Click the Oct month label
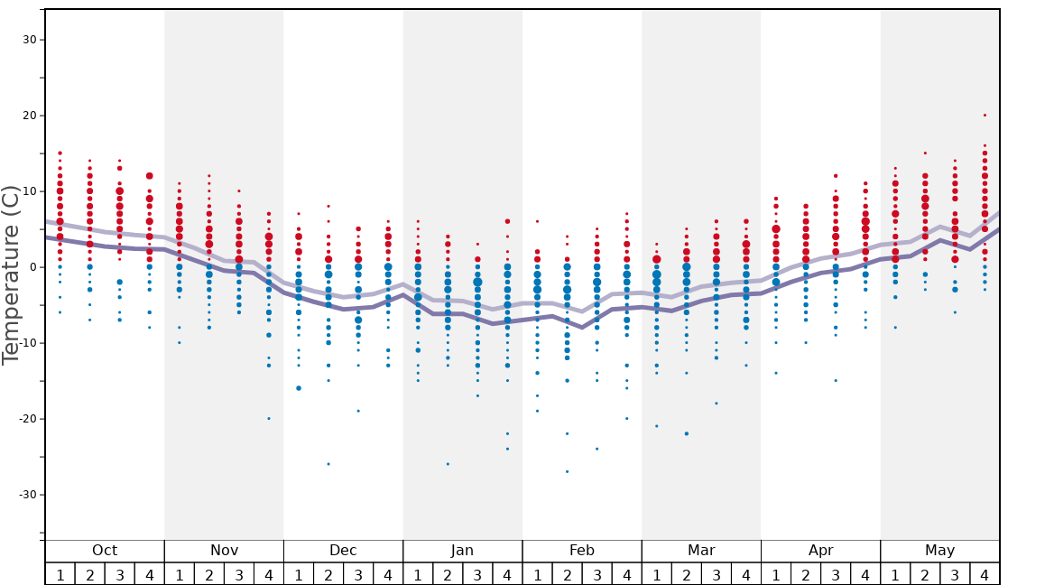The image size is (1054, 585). click(105, 551)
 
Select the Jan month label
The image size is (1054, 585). click(462, 551)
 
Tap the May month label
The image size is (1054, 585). click(939, 551)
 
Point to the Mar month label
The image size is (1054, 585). click(701, 551)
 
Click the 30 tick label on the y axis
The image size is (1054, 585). click(30, 40)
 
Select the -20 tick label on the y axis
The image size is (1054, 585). click(26, 419)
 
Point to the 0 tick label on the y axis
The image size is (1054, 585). click(33, 267)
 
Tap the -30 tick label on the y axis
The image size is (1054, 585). click(26, 495)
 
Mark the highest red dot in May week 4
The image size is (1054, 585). click(985, 116)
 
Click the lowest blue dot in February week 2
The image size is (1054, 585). click(567, 471)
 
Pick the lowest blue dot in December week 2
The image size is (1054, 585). click(328, 464)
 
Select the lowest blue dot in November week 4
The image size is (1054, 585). click(269, 419)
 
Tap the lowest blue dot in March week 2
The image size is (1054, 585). click(686, 434)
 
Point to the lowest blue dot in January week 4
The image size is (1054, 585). click(507, 449)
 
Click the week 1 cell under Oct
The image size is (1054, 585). click(60, 574)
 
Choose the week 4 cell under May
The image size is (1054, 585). click(985, 574)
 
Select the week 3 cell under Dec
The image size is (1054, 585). click(358, 574)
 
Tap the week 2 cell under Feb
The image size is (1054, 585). click(567, 574)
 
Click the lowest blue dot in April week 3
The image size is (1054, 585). click(836, 381)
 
